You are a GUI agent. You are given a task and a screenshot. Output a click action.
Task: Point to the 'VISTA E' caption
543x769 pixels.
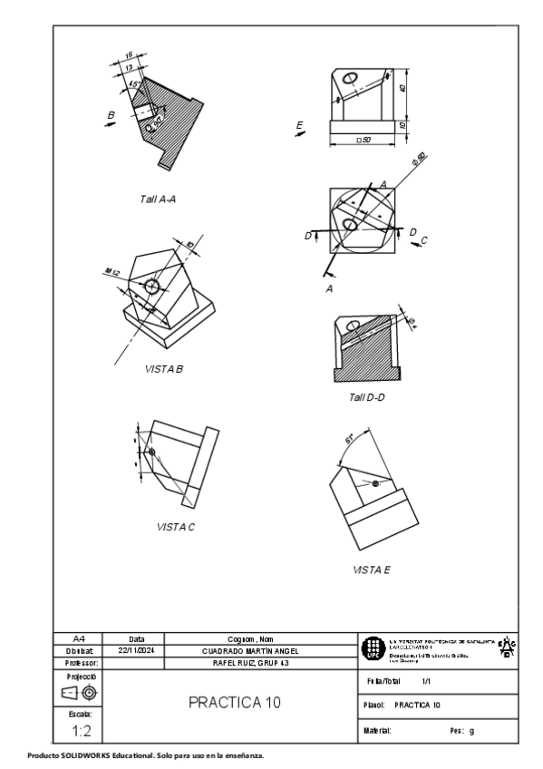[371, 570]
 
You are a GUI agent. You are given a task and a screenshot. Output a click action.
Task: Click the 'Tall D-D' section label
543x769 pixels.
[367, 397]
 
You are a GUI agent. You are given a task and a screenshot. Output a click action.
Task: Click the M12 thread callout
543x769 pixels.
[112, 272]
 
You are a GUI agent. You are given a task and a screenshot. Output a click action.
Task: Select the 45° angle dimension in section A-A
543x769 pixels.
[134, 85]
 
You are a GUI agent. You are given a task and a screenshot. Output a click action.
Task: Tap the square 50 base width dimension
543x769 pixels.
[365, 139]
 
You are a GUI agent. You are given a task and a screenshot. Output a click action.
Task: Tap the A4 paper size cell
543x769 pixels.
[81, 638]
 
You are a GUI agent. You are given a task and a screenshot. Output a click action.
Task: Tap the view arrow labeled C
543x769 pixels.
[421, 240]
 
